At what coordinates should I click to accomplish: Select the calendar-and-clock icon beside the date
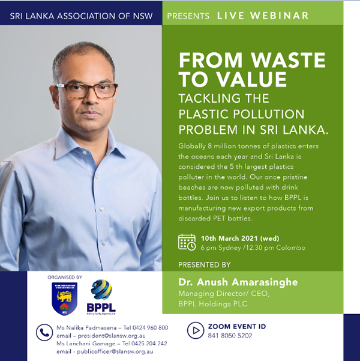click(187, 242)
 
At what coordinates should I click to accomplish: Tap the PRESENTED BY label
click(204, 264)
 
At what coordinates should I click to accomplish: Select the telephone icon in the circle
click(44, 332)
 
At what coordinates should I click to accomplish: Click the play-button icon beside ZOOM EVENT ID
click(195, 330)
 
